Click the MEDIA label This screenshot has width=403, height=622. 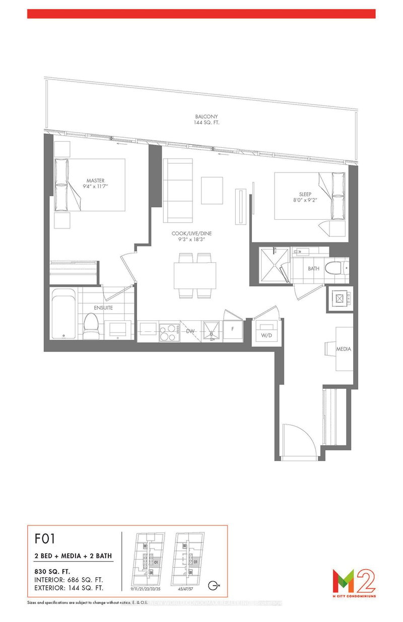coord(344,349)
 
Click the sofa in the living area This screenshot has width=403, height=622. coord(177,190)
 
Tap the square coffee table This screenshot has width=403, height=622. coord(211,188)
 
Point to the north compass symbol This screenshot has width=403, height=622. coord(215,585)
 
